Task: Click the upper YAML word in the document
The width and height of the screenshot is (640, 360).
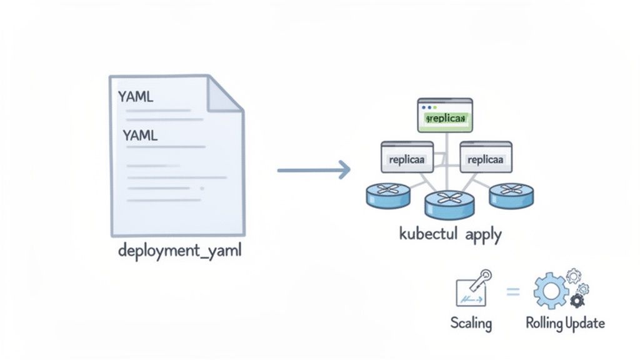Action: tap(136, 97)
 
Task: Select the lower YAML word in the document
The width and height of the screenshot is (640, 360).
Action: tap(140, 134)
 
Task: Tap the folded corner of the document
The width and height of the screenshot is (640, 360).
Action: tap(226, 93)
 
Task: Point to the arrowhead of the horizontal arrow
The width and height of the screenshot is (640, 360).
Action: tap(342, 169)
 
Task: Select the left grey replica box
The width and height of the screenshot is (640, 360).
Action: tap(407, 157)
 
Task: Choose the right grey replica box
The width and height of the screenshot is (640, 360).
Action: tap(486, 157)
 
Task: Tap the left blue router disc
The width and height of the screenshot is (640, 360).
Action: tap(387, 194)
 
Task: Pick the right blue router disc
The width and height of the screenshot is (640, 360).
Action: tap(511, 194)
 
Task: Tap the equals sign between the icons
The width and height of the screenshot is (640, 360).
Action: tap(512, 291)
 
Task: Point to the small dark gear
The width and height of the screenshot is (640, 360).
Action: tap(577, 301)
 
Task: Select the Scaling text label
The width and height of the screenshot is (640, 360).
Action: tap(471, 323)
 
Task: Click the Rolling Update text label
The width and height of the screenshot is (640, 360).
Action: tap(564, 323)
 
